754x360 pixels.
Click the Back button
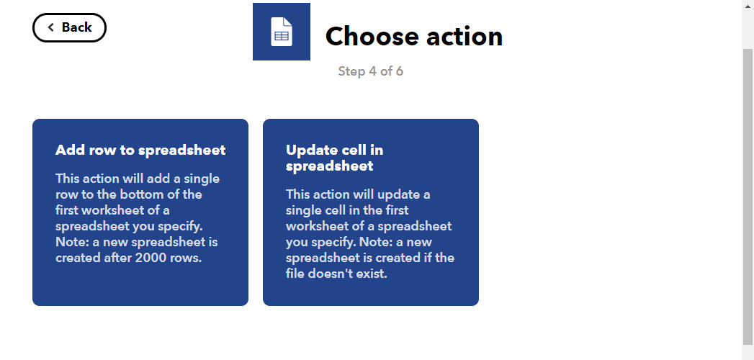[x=69, y=27]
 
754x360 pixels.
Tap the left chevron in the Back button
[x=51, y=27]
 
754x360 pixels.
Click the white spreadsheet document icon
[x=282, y=32]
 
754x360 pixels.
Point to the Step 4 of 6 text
[x=371, y=71]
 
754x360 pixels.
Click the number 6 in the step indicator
[x=399, y=71]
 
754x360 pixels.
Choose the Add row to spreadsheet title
[x=140, y=150]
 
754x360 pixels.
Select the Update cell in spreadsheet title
[x=335, y=158]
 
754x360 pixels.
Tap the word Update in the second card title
[x=308, y=150]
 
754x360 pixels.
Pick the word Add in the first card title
[x=67, y=150]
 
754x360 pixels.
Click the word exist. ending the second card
[x=375, y=274]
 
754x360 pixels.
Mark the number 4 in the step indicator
[x=372, y=71]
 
